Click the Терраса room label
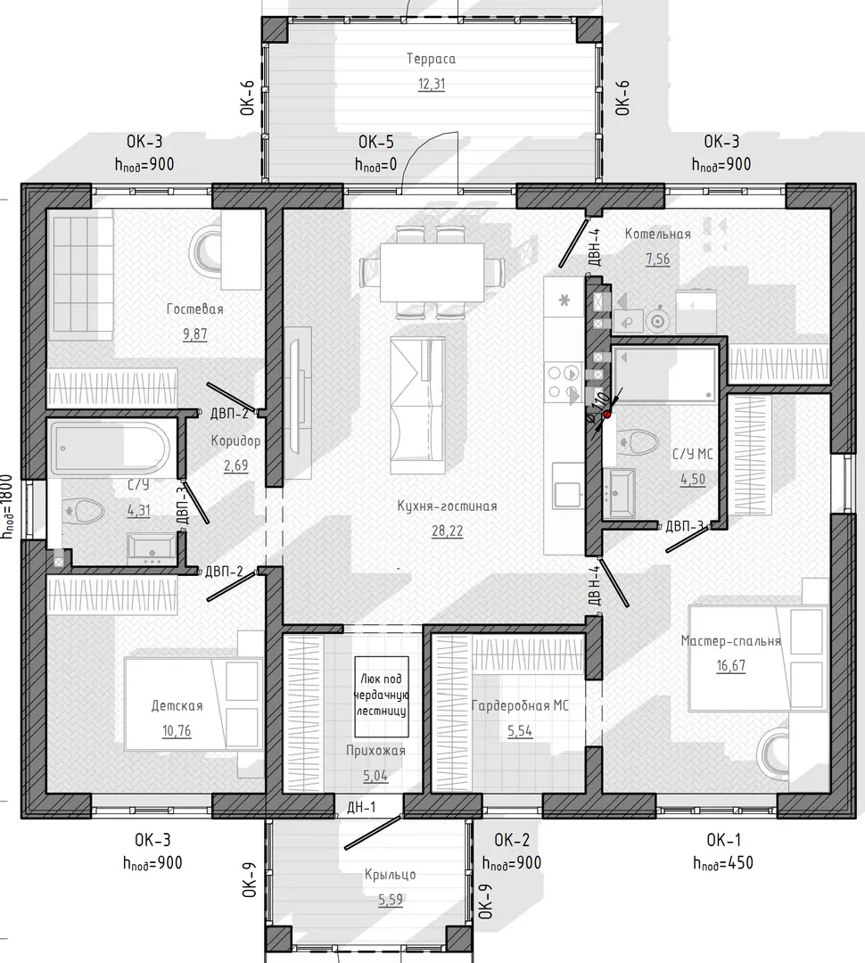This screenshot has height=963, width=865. click(431, 59)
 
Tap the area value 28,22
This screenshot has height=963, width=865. click(448, 531)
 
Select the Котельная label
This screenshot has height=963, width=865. click(657, 234)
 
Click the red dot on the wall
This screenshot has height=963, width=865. click(607, 415)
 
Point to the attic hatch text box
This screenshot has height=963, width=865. click(382, 696)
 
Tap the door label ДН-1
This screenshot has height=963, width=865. click(361, 807)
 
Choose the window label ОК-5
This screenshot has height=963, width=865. click(376, 143)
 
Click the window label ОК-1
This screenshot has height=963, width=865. click(724, 840)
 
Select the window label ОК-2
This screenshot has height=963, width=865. click(512, 840)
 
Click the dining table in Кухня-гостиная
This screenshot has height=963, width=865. click(432, 272)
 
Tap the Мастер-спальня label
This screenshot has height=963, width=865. click(730, 641)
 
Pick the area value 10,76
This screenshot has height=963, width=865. click(177, 731)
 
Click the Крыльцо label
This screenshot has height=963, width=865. click(390, 875)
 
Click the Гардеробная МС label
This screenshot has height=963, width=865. click(520, 706)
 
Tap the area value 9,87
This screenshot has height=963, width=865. click(194, 334)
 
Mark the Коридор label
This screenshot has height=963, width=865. click(235, 441)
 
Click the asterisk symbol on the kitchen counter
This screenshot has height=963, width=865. click(564, 300)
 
